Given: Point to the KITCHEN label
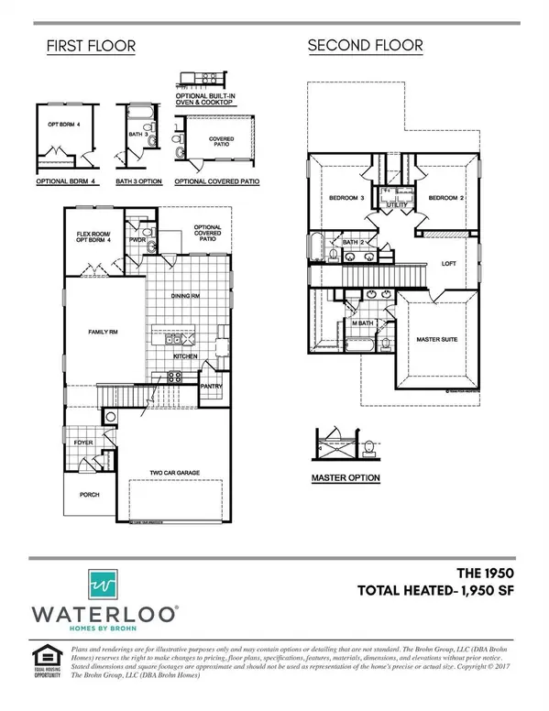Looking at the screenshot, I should pyautogui.click(x=187, y=355).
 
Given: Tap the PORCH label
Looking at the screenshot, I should pyautogui.click(x=89, y=495).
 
